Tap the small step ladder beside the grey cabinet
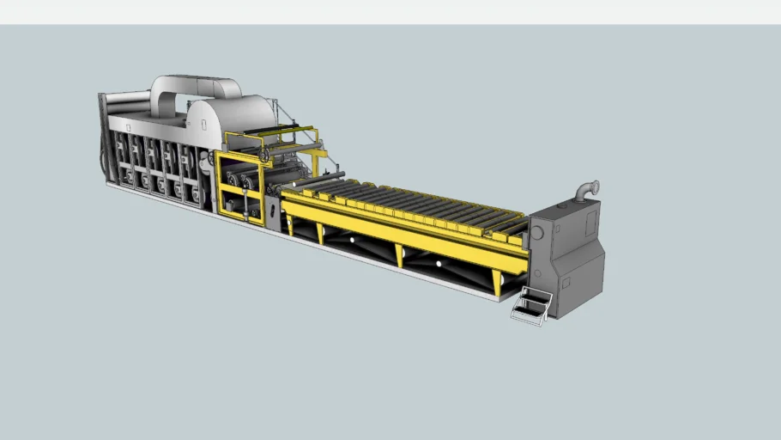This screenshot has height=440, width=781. click(531, 306)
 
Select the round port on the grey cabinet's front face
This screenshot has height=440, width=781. click(537, 233)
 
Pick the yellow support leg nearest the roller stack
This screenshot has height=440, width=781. click(289, 225)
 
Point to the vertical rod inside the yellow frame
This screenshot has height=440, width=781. click(246, 204)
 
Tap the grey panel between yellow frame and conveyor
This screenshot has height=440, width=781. click(272, 214)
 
